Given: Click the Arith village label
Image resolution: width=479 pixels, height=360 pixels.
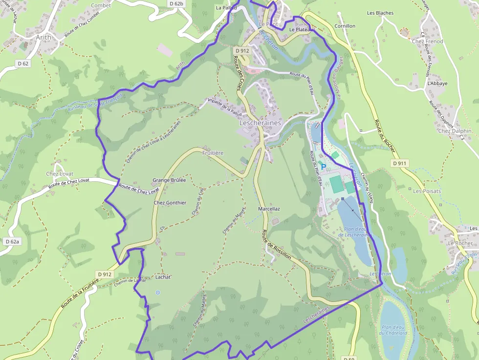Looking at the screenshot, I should point(44,37).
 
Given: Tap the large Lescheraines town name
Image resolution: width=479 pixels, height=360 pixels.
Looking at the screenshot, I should point(260,123).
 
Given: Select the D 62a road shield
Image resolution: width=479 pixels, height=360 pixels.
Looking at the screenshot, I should point(12,241).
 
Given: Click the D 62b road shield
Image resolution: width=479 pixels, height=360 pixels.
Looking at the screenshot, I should point(177,3).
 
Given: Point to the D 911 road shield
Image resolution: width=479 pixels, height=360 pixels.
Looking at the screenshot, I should point(399,163).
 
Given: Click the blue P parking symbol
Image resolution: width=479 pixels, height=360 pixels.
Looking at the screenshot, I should point(323,167).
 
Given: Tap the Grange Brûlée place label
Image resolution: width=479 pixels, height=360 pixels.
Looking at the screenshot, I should point(169,180).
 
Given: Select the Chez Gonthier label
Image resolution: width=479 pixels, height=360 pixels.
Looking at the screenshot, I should point(170,203).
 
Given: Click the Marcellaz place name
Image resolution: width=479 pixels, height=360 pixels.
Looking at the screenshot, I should point(269,209).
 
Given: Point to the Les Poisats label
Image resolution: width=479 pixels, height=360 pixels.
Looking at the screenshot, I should point(427,191).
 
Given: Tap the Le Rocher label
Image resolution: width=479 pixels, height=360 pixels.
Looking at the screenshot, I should point(460,243).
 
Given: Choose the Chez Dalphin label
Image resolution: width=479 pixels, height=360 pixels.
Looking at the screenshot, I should point(455,131).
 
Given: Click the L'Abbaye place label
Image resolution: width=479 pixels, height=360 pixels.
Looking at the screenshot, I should point(437,84).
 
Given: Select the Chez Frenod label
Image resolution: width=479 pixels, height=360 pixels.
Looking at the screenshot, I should point(427,42).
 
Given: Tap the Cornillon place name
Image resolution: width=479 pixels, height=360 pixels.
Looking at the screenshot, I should point(345,26).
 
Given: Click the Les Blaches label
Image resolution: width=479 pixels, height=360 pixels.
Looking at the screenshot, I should point(380,13).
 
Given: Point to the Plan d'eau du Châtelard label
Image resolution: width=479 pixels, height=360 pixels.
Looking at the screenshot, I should point(393,330).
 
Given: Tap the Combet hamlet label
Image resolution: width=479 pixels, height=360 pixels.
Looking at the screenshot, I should point(101,5).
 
